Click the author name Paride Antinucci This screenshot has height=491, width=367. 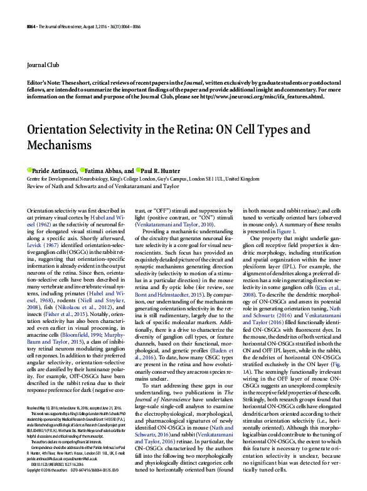[x=53, y=171]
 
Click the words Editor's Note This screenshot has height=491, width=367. [x=45, y=82]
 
